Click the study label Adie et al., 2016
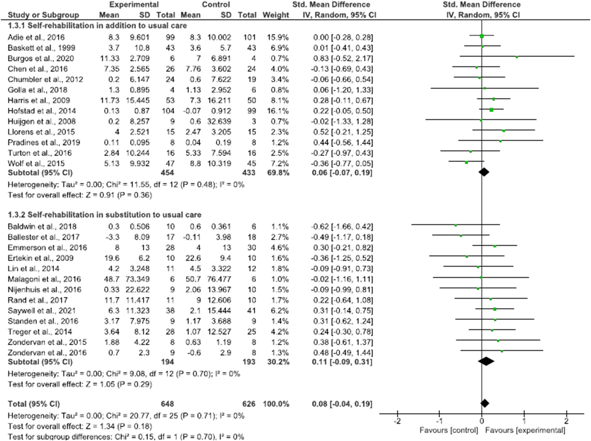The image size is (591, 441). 36,37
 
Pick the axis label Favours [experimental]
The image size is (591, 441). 525,430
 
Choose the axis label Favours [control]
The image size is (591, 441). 449,430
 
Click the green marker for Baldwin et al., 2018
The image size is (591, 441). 456,226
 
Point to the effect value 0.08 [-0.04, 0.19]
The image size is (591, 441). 342,404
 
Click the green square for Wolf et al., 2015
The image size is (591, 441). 466,162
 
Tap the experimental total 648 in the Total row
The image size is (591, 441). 167,404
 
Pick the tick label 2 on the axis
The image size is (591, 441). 566,421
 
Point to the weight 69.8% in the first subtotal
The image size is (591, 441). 278,173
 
